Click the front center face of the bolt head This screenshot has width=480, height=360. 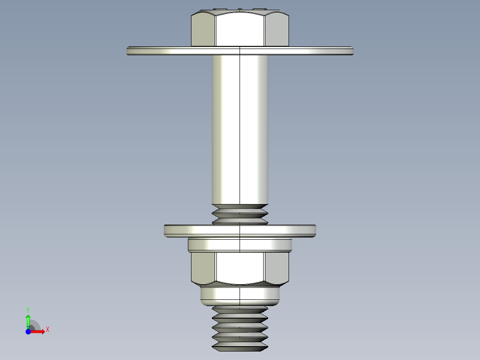coord(240,29)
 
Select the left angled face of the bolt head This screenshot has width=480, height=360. coord(203,30)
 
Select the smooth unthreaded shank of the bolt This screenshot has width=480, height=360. coord(240,129)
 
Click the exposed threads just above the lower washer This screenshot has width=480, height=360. coord(240,214)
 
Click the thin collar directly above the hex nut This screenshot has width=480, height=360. coord(240,245)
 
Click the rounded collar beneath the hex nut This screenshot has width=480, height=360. coord(240,295)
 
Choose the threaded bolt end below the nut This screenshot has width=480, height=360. coord(240,327)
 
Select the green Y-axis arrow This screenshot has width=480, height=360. coord(28,320)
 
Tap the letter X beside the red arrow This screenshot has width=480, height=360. coord(48,329)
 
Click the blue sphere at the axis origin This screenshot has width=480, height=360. coord(28,332)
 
